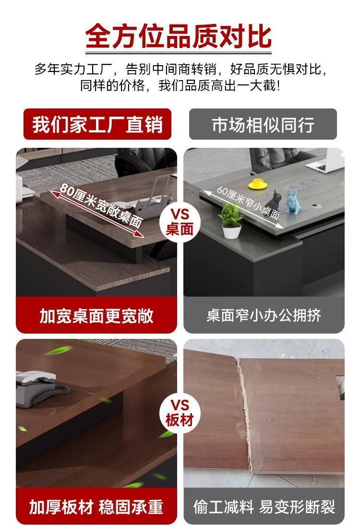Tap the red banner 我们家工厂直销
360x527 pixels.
[97, 124]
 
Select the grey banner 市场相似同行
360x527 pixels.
[263, 124]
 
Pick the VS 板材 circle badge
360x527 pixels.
[180, 413]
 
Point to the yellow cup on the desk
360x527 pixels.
[258, 184]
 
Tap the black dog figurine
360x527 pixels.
[274, 201]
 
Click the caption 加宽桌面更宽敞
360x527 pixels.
[96, 316]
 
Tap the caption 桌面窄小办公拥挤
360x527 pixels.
[264, 316]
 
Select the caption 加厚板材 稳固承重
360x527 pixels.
[96, 507]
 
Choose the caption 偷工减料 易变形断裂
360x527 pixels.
[264, 507]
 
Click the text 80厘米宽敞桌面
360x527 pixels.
[101, 204]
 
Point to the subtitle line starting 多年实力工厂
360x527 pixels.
[180, 69]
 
